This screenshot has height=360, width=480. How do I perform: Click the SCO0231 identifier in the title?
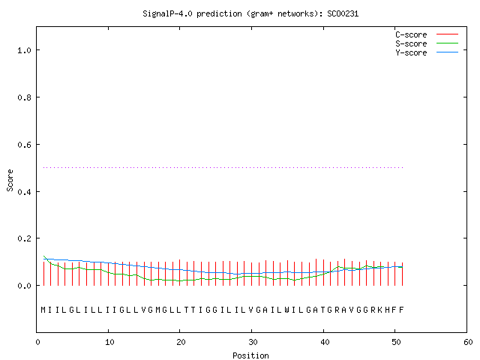pos(343,13)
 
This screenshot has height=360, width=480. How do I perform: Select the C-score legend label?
pos(411,34)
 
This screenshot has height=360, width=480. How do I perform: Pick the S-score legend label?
pos(411,43)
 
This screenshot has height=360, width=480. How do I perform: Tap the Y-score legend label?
pos(411,52)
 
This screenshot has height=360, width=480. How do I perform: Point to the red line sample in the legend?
pos(447,34)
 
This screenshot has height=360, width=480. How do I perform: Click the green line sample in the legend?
pos(447,43)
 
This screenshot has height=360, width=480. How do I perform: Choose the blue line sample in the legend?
pos(447,52)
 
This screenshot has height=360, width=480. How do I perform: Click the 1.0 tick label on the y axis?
pos(24,50)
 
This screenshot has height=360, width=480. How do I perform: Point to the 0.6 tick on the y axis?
pos(24,145)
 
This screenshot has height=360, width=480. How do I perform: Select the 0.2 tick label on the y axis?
pos(24,238)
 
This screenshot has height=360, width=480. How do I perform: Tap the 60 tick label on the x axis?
pos(468,342)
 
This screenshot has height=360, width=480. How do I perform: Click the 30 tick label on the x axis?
pos(252,342)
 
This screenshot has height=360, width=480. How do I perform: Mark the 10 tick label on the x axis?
pos(109,342)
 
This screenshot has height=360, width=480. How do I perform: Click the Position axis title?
pos(250,355)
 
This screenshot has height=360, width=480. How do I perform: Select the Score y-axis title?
pos(10,180)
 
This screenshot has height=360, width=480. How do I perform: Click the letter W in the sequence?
pos(286,310)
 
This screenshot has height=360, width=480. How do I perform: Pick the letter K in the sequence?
pos(380,310)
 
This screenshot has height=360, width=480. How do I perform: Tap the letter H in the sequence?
pos(387,310)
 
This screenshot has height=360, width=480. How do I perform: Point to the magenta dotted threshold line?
pos(223,167)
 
